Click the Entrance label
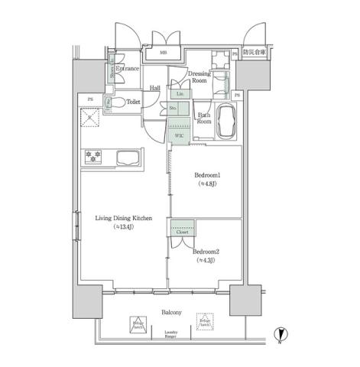[x=128, y=69]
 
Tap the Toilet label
[x=133, y=101]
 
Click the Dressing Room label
[x=199, y=76]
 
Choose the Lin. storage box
[x=180, y=94]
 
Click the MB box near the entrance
[x=164, y=53]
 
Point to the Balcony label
[x=171, y=313]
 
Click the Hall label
[x=154, y=87]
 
